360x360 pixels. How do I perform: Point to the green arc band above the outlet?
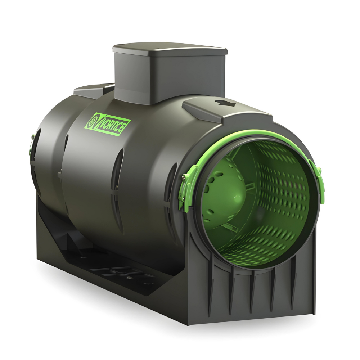coord(252,135)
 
